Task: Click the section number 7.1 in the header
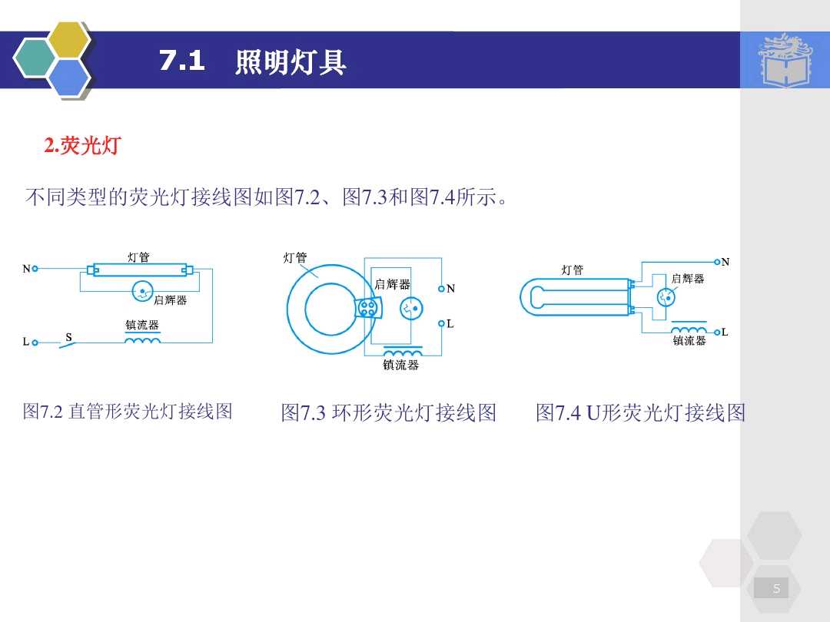pos(182,61)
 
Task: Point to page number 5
pos(776,589)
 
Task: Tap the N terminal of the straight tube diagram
pos(35,270)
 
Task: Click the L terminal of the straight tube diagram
pos(35,342)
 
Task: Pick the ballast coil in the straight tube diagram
pos(143,340)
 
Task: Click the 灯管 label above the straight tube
pos(138,257)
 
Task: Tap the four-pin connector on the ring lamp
pos(368,308)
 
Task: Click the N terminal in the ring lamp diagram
pos(441,289)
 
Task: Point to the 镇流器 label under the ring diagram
pos(401,366)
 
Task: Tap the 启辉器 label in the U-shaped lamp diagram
pos(688,279)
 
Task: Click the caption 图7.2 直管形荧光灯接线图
pos(128,412)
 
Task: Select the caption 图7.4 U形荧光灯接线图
pos(640,413)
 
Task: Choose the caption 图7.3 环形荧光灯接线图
pos(388,413)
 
